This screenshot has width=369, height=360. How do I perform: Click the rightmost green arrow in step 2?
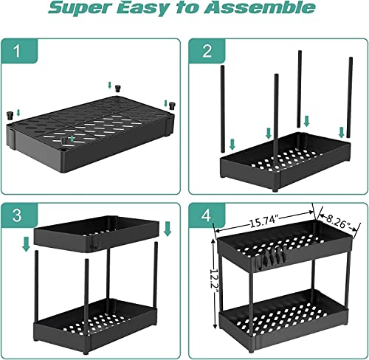(341, 132)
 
